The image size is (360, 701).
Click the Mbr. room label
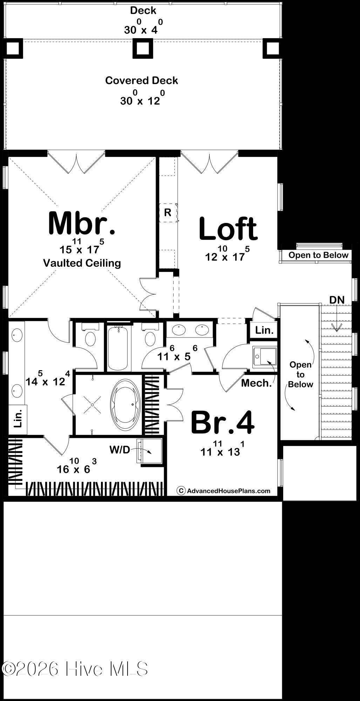[82, 223]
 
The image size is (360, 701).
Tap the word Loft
[228, 229]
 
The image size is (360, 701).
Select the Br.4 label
[222, 422]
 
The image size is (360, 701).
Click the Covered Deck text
[142, 81]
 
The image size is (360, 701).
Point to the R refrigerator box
[168, 212]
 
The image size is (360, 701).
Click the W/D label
[120, 450]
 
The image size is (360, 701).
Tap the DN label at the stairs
[337, 300]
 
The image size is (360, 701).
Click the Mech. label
[256, 383]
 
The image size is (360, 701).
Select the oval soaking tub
[125, 404]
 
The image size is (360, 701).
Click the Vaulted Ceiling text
[82, 263]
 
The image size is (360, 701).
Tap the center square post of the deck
[143, 48]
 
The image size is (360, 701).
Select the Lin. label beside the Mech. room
[264, 330]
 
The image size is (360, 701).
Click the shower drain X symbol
[92, 404]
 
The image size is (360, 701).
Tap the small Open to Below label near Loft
[318, 255]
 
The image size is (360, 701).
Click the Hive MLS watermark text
[75, 669]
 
